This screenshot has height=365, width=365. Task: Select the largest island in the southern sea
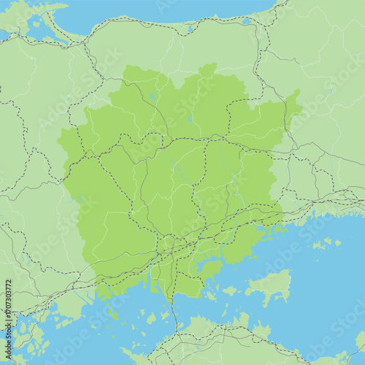pos(269,286)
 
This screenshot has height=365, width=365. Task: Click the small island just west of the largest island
pos(231,291)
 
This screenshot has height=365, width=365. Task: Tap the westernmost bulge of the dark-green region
pos(64,142)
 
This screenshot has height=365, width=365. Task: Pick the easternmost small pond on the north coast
pos(246,21)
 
